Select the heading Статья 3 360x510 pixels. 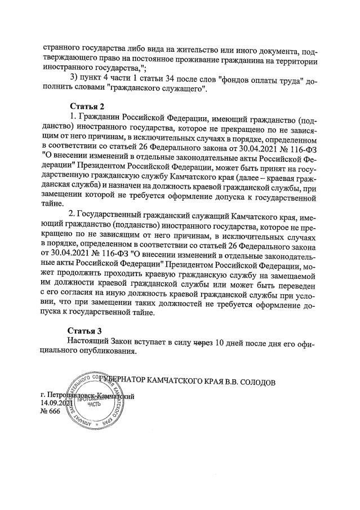pos(85,331)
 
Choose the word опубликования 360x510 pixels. pos(105,351)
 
